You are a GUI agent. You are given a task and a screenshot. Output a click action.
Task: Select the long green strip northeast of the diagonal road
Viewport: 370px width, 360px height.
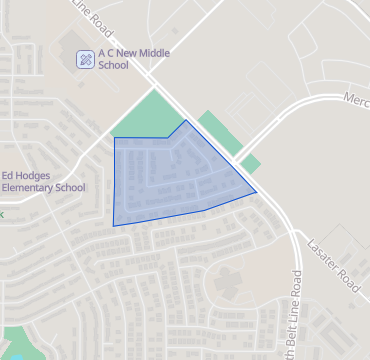click(219, 132)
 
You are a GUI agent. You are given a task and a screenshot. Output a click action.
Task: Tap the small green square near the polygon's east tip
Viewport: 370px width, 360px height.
click(250, 163)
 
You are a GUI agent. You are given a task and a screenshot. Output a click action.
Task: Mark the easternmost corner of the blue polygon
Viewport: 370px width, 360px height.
click(257, 191)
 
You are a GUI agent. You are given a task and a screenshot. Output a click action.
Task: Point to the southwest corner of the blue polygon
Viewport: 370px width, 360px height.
click(113, 225)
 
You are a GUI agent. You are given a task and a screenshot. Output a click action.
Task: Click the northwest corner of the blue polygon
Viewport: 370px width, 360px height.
click(115, 138)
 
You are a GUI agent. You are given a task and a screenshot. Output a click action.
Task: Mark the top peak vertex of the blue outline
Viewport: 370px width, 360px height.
click(186, 121)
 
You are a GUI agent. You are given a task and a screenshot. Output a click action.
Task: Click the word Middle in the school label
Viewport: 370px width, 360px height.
click(142, 54)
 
